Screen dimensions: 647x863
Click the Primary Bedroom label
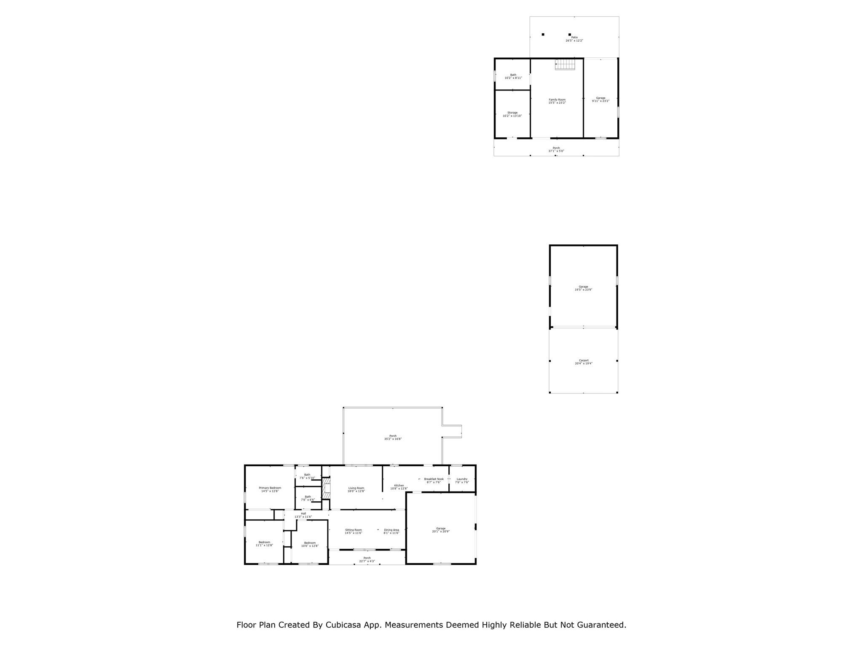270,489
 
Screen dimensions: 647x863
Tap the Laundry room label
462,481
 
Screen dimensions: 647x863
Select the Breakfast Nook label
434,481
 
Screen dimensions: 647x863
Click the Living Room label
356,489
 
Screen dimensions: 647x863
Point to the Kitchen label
399,487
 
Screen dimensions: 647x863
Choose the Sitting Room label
353,532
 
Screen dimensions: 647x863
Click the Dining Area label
391,532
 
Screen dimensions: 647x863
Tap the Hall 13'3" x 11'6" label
303,515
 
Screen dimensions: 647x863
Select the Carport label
584,362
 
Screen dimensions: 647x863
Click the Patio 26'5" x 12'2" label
574,39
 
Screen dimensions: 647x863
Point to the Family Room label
557,101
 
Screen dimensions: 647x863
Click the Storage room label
512,114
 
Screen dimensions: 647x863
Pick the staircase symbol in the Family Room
565,64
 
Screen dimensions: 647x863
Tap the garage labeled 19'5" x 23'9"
583,288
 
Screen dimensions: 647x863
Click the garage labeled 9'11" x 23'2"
600,99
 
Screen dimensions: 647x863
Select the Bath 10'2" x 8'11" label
513,76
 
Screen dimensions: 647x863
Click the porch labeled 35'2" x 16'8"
393,437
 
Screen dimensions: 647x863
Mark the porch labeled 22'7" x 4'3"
367,559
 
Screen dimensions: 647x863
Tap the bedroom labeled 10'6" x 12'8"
310,544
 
